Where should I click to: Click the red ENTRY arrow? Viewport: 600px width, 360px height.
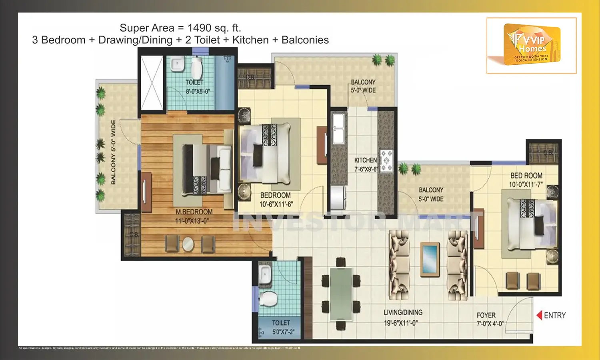[539, 315]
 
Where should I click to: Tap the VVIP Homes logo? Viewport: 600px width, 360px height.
[532, 44]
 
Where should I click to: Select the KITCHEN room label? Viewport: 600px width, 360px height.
[365, 160]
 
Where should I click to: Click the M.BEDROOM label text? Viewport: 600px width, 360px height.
[194, 212]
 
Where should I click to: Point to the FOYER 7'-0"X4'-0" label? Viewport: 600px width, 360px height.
[490, 319]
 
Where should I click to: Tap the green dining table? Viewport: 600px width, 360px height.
[341, 294]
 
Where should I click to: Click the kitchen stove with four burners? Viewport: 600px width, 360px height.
[386, 160]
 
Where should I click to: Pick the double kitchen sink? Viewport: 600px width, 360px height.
[338, 128]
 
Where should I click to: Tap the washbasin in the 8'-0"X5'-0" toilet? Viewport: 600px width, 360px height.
[176, 64]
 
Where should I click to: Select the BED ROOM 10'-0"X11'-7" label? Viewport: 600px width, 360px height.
[526, 180]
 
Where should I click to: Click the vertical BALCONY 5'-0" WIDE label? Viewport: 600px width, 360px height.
[113, 152]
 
